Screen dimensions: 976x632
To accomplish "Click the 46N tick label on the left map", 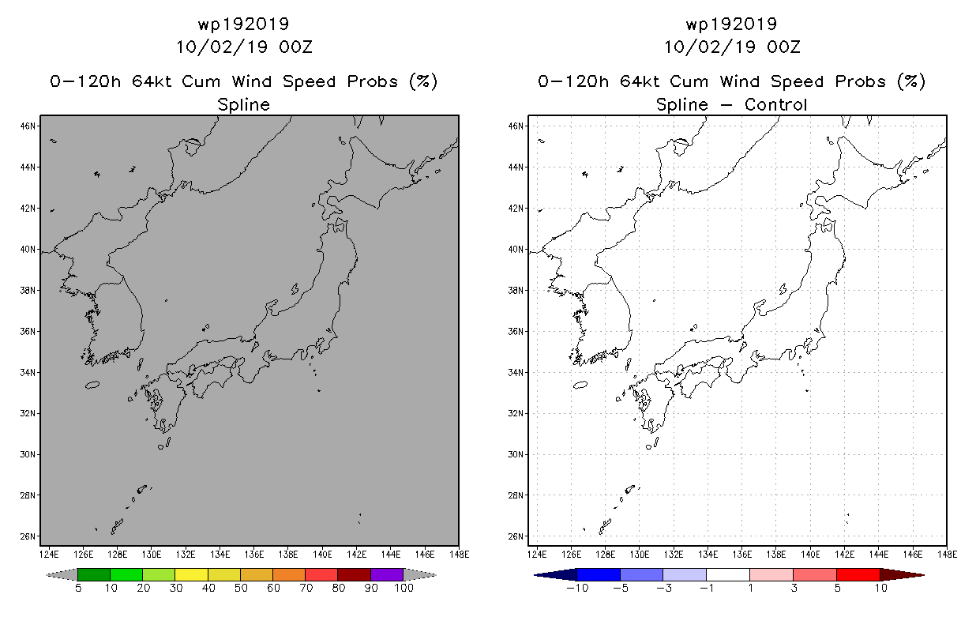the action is click(x=28, y=126).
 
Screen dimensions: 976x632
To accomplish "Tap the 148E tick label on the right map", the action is click(x=948, y=555).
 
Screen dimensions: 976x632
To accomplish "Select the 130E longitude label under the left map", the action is click(x=152, y=555).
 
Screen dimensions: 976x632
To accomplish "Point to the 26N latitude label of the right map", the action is click(x=516, y=536).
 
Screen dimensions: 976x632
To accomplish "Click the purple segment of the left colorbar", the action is click(x=387, y=574).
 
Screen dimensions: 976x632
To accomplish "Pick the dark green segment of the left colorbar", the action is click(x=94, y=574).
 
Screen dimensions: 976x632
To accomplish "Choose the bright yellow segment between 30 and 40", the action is click(x=191, y=574).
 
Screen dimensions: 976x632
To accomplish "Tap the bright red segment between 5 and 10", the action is click(x=858, y=574).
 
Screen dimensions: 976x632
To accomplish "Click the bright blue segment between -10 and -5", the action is click(x=599, y=574).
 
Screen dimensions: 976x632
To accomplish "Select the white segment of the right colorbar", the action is click(x=728, y=574).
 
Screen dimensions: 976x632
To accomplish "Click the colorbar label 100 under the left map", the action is click(x=404, y=588).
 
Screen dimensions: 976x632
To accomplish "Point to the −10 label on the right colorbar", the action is click(x=577, y=588).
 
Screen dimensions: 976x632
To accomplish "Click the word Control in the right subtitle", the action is click(x=776, y=104).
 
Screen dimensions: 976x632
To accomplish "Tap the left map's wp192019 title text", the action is click(x=243, y=24).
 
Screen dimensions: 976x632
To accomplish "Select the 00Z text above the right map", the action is click(x=784, y=47).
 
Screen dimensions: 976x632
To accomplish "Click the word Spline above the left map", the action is click(x=243, y=105).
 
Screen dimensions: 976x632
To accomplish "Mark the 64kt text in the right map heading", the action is click(x=640, y=81).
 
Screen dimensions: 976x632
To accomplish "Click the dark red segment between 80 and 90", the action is click(x=355, y=574).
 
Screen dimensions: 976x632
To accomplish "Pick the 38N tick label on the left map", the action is click(x=28, y=291).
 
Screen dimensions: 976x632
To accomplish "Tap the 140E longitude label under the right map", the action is click(x=810, y=555).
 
